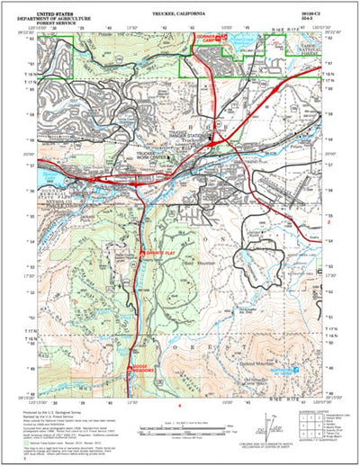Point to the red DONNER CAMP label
point(207,41)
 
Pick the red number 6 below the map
point(180,405)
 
